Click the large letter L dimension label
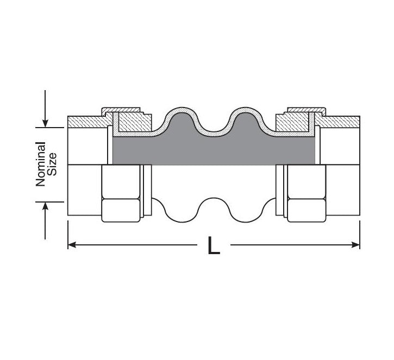214,245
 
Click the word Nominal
40,164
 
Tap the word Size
52,164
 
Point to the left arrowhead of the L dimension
72,244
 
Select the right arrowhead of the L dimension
356,244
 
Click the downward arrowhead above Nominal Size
45,123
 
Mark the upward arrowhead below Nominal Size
45,206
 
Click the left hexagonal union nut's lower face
121,210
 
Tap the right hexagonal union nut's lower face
307,210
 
